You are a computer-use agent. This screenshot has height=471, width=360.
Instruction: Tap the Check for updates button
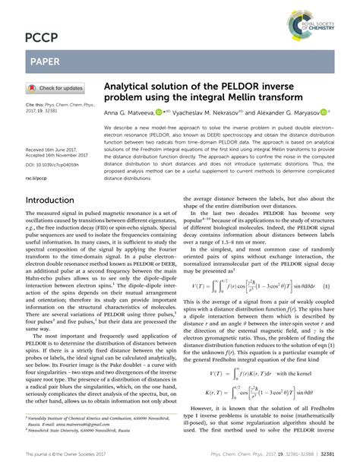(55, 87)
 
